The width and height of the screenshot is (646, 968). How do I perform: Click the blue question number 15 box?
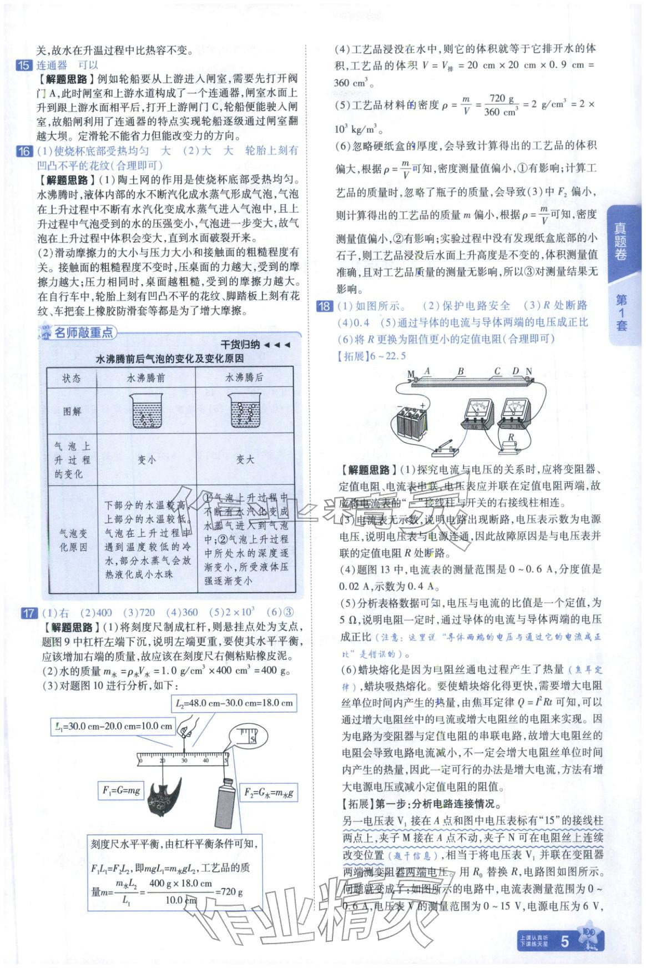pyautogui.click(x=24, y=65)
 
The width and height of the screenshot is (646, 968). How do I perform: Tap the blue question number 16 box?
pyautogui.click(x=24, y=151)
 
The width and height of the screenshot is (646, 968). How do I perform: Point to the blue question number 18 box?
pyautogui.click(x=324, y=306)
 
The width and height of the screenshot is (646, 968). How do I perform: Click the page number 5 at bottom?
pyautogui.click(x=565, y=941)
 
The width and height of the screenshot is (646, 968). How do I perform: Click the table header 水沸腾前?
pyautogui.click(x=146, y=378)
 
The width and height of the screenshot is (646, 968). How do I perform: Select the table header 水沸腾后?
pyautogui.click(x=244, y=378)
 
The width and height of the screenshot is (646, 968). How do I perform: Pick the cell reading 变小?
pyautogui.click(x=146, y=460)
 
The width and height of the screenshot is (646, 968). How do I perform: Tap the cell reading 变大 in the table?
pyautogui.click(x=244, y=460)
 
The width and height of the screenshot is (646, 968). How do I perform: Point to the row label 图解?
pyautogui.click(x=72, y=411)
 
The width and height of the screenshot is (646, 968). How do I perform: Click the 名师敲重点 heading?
pyautogui.click(x=83, y=332)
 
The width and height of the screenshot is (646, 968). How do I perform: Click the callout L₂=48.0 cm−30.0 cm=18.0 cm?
pyautogui.click(x=234, y=703)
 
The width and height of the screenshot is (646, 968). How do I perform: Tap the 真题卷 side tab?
pyautogui.click(x=621, y=242)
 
